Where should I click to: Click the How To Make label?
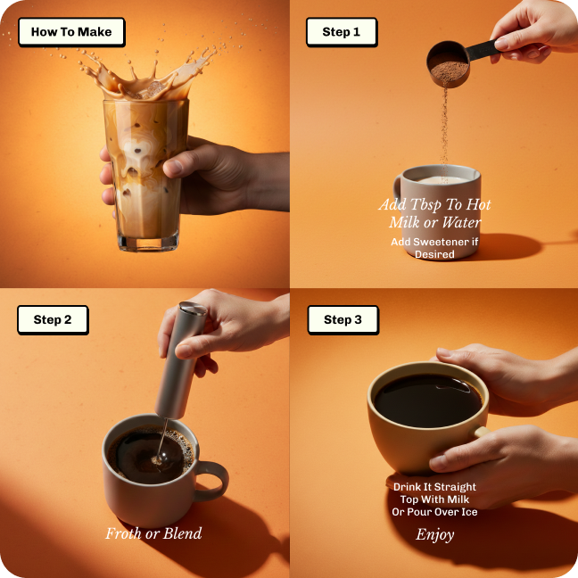(x=71, y=32)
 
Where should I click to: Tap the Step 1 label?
(x=342, y=32)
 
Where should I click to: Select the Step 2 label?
(x=53, y=320)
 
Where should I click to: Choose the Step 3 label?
(x=343, y=320)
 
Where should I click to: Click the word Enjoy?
(x=434, y=534)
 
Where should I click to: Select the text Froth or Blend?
(x=153, y=533)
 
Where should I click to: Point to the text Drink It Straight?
(x=434, y=487)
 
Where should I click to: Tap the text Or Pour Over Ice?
(x=434, y=511)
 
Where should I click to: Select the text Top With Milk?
(x=434, y=500)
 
